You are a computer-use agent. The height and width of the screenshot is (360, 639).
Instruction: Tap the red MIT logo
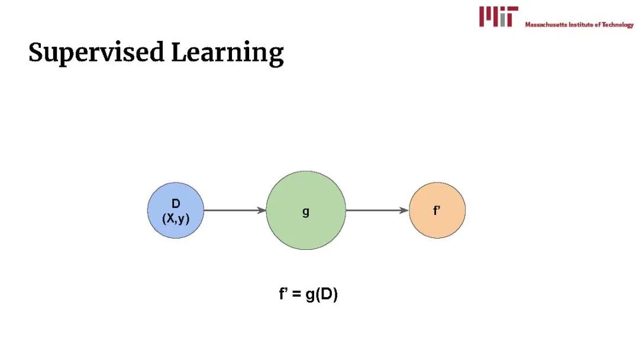(x=498, y=17)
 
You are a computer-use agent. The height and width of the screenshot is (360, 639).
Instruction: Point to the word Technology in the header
(x=618, y=25)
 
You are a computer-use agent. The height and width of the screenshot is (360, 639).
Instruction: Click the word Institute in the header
(x=582, y=25)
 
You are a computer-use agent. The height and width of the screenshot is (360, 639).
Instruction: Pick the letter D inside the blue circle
(x=176, y=204)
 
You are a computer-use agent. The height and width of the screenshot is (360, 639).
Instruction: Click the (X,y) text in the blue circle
(x=176, y=218)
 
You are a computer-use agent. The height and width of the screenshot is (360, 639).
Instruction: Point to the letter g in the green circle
(x=306, y=211)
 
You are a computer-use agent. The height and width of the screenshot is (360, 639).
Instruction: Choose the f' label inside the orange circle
(x=437, y=210)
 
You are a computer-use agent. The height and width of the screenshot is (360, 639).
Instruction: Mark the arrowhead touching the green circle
(x=262, y=210)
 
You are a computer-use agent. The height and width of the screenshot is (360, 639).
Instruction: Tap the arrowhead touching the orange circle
(x=405, y=210)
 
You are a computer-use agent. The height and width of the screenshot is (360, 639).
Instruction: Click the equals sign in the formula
(x=296, y=295)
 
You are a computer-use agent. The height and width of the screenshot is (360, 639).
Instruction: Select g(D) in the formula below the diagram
(x=321, y=295)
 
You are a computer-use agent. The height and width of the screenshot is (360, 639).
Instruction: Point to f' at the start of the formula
(x=283, y=294)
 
